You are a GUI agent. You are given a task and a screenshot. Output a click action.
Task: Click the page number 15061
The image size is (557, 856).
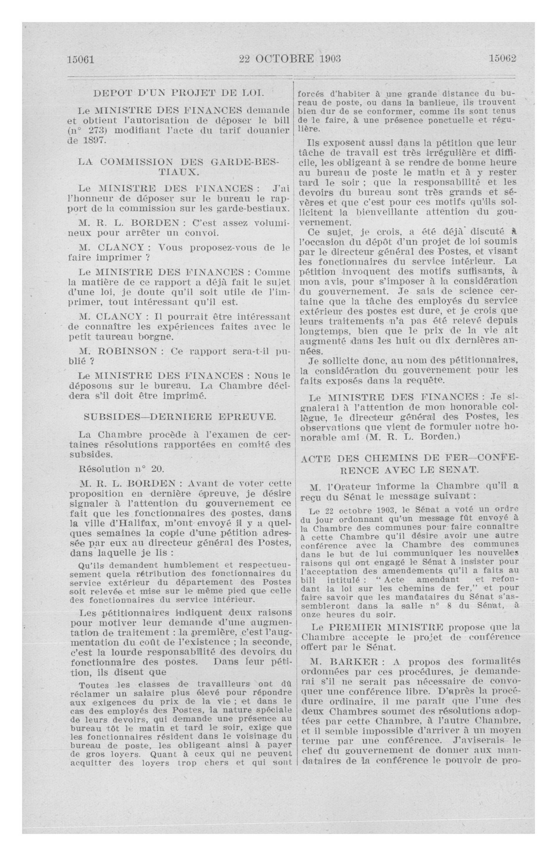81,59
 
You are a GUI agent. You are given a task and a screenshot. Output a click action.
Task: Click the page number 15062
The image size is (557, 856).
502,59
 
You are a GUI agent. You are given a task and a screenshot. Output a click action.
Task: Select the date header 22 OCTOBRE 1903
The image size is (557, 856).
290,59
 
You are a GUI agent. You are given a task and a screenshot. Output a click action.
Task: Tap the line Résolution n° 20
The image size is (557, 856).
122,469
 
